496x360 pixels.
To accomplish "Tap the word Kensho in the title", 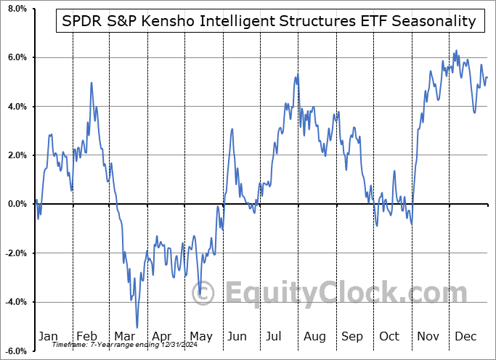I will [176, 21].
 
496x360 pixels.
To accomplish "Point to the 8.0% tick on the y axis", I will [15, 9].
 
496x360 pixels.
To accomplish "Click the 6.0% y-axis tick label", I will [15, 57].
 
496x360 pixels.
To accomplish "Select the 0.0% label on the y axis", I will [15, 204].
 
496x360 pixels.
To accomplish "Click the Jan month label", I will [48, 337].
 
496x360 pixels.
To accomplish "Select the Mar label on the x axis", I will [125, 337].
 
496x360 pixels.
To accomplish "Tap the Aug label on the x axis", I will [314, 337].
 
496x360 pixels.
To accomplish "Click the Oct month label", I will [390, 337].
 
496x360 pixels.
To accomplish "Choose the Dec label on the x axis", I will [466, 337].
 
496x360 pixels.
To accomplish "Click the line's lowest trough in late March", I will [137, 327].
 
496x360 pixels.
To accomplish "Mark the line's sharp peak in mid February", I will [92, 82].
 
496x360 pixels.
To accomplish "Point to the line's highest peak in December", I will [456, 50].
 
